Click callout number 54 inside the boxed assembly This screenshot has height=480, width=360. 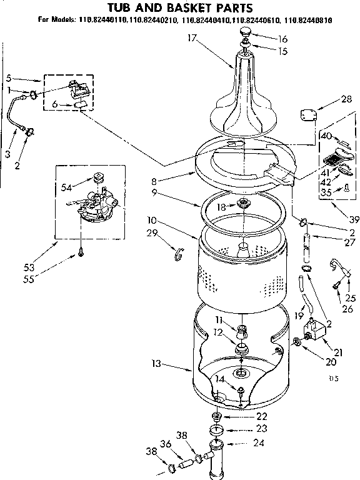[66, 187]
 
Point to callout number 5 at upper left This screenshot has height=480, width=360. [9, 79]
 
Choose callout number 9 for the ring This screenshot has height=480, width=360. [154, 194]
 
